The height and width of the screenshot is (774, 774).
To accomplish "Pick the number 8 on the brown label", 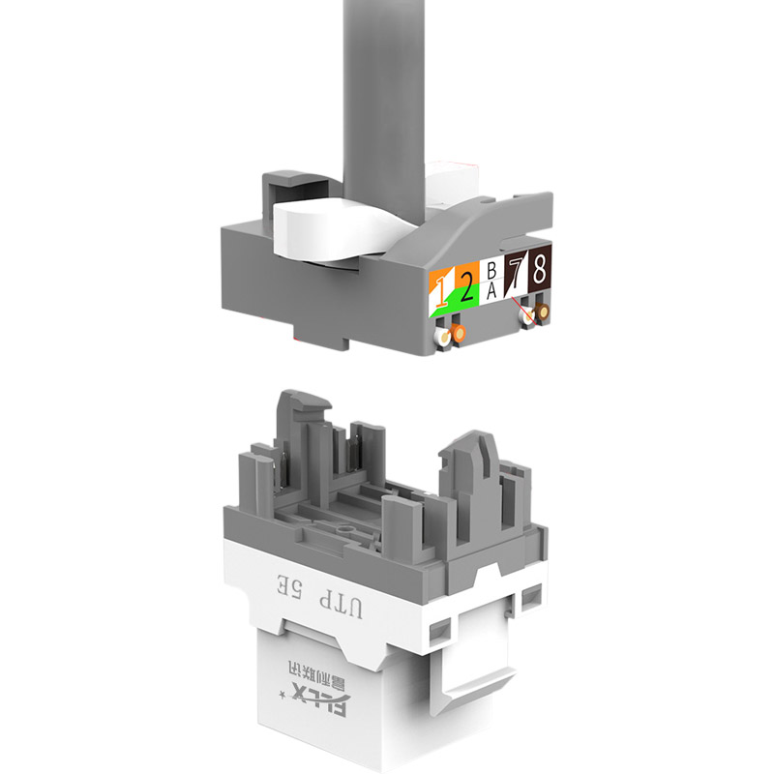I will (539, 270).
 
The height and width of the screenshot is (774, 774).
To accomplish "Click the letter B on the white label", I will (491, 271).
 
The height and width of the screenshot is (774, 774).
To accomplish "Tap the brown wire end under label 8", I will (543, 313).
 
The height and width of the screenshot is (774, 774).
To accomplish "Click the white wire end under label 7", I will (528, 316).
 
